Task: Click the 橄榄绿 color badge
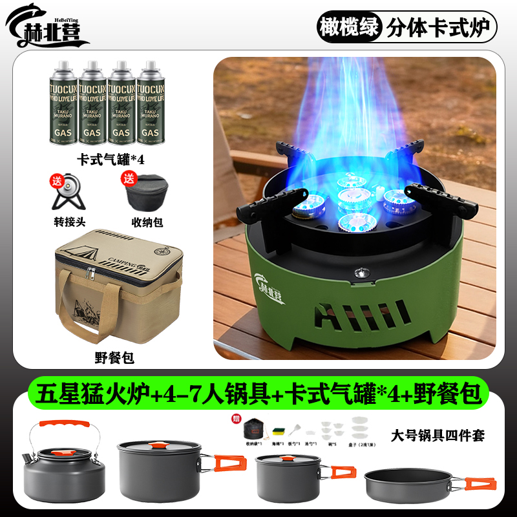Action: click(x=350, y=28)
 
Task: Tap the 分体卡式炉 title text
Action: click(x=440, y=28)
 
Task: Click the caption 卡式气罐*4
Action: click(x=106, y=158)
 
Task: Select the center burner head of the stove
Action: click(x=353, y=196)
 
